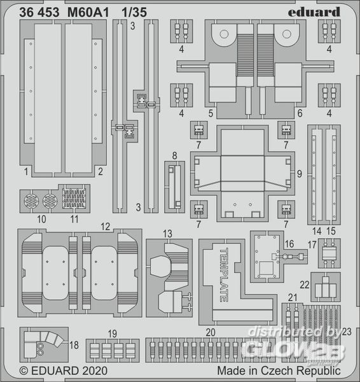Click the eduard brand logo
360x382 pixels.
pyautogui.click(x=314, y=12)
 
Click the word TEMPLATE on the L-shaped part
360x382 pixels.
pyautogui.click(x=224, y=275)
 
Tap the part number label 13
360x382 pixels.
pyautogui.click(x=167, y=234)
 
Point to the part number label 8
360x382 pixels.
pyautogui.click(x=174, y=156)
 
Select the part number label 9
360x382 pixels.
pyautogui.click(x=300, y=174)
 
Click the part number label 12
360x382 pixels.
pyautogui.click(x=106, y=227)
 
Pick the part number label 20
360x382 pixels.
pyautogui.click(x=211, y=332)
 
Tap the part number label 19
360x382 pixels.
pyautogui.click(x=112, y=334)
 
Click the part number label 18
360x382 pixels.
pyautogui.click(x=74, y=345)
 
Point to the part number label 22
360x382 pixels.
pyautogui.click(x=305, y=285)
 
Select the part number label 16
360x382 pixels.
pyautogui.click(x=289, y=244)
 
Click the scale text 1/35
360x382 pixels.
pyautogui.click(x=134, y=12)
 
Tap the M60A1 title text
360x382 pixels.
pyautogui.click(x=88, y=13)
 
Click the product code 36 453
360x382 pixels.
pyautogui.click(x=39, y=13)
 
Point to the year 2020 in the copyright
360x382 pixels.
pyautogui.click(x=95, y=371)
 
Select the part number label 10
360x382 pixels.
pyautogui.click(x=41, y=220)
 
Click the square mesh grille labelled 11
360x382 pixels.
pyautogui.click(x=74, y=199)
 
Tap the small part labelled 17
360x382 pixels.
pyautogui.click(x=329, y=253)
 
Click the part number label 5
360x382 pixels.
pyautogui.click(x=211, y=113)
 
